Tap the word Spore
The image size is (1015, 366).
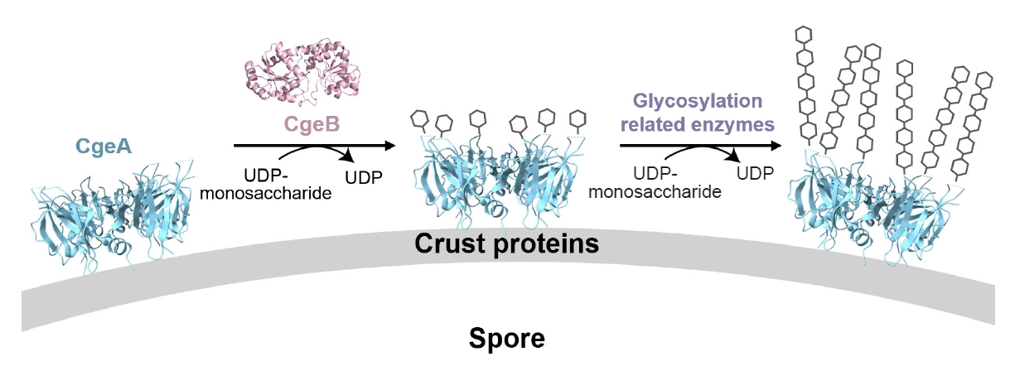[x=508, y=338]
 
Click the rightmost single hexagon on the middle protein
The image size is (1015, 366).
[x=579, y=122]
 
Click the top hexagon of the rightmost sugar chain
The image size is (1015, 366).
[x=984, y=80]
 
